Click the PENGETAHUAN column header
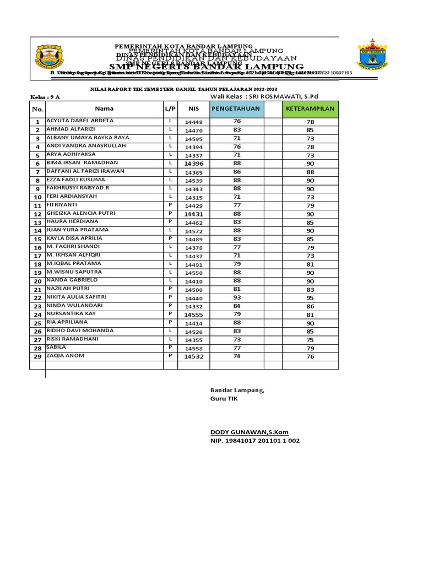237,109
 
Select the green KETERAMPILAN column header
310,109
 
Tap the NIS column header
193,109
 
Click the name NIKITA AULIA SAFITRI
77,297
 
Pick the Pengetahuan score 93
237,298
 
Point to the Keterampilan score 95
310,298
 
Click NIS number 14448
193,122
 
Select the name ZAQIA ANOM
66,356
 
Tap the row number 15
38,240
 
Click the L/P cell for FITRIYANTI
170,205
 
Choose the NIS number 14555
193,314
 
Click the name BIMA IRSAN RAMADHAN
82,163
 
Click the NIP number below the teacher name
255,441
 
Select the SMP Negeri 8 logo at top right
372,55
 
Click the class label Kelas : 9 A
45,97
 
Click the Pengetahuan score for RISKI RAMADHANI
237,340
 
